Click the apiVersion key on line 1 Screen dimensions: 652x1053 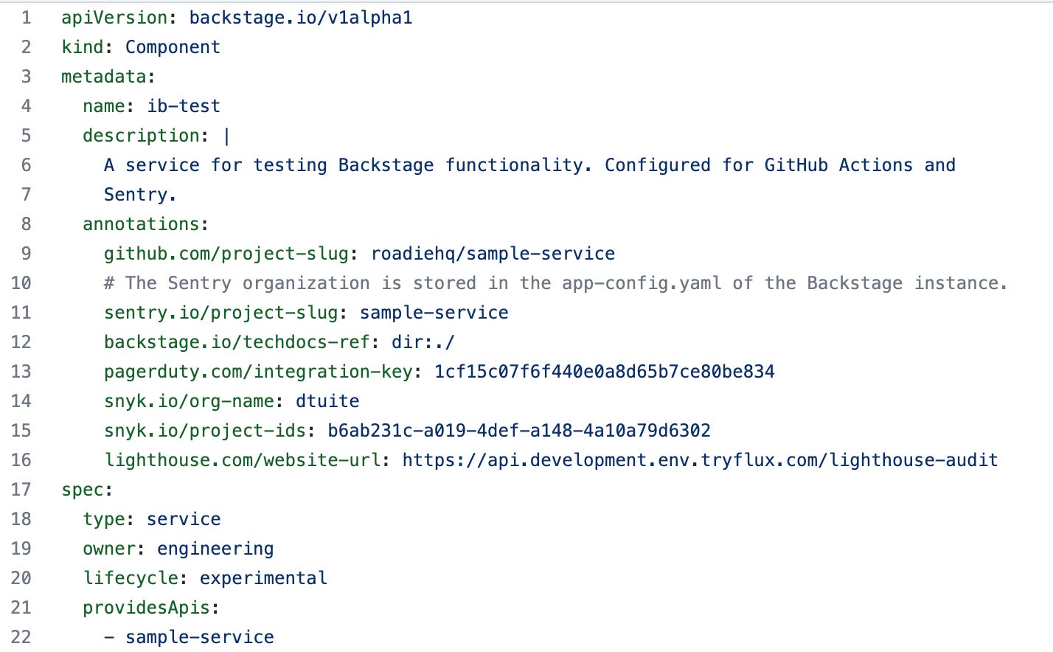tap(114, 18)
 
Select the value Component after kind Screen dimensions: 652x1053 tap(173, 47)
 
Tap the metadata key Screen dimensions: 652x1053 tap(104, 77)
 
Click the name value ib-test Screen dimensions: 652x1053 tap(184, 106)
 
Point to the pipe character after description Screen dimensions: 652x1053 tap(226, 136)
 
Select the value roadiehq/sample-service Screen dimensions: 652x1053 tap(493, 254)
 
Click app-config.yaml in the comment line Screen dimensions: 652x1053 tap(642, 283)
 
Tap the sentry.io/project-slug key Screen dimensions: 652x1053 tap(220, 313)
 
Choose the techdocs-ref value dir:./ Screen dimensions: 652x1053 tap(423, 342)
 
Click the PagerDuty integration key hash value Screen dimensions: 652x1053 tap(604, 372)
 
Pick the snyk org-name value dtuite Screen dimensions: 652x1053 tap(327, 401)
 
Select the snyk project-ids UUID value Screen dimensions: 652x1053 tap(519, 431)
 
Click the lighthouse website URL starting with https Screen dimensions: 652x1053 tap(700, 460)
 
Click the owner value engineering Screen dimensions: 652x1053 tap(215, 549)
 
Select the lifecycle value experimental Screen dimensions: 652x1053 tap(263, 578)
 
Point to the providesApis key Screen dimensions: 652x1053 tap(147, 608)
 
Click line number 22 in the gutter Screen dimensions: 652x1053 tap(21, 637)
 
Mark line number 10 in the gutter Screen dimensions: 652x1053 tap(21, 283)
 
